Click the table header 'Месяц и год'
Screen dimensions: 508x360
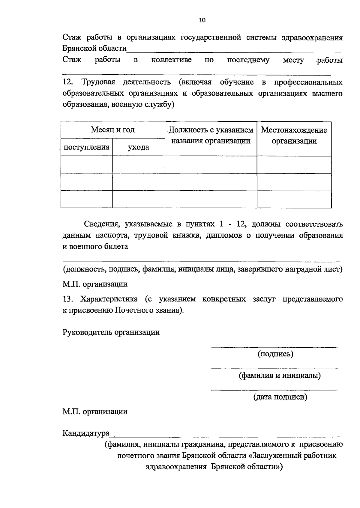coord(113,130)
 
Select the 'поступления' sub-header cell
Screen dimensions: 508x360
coord(86,147)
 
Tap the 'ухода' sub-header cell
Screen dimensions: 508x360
coord(139,147)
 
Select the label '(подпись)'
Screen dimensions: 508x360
coord(275,354)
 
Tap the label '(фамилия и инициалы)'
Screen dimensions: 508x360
coord(280,375)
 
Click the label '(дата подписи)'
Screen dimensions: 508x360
coord(280,397)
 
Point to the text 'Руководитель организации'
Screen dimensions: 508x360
coord(111,332)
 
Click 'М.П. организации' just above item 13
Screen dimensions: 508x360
coord(95,284)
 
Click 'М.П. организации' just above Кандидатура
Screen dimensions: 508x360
coord(95,411)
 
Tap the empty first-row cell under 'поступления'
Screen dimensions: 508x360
coord(86,165)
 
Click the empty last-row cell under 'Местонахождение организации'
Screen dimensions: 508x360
coord(294,199)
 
